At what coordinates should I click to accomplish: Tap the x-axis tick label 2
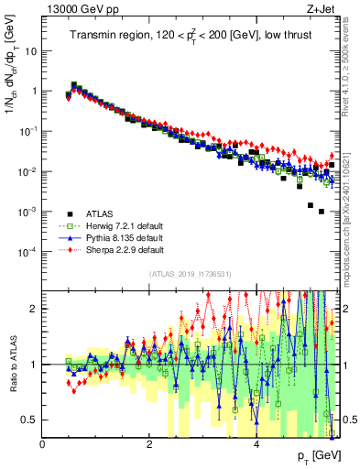pos(149,445)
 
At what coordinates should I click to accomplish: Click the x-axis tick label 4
pos(256,445)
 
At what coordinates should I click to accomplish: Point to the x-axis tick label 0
pos(43,445)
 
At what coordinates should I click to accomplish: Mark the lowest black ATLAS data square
pos(321,212)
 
